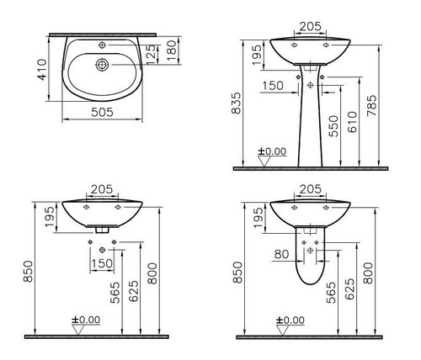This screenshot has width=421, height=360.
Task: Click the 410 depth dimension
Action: click(x=42, y=69)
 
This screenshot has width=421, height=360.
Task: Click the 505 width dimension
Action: click(x=102, y=112)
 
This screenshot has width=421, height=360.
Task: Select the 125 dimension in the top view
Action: click(x=151, y=53)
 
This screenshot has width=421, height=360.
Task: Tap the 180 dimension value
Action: click(x=172, y=50)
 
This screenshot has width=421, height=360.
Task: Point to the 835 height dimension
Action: click(x=236, y=103)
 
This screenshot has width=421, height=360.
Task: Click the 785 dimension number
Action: click(x=372, y=105)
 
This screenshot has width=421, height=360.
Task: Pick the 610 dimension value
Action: click(x=353, y=122)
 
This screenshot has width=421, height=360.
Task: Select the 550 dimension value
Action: click(x=334, y=126)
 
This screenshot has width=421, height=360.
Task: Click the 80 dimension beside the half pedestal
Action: click(x=281, y=254)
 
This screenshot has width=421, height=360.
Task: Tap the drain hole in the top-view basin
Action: click(x=102, y=65)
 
